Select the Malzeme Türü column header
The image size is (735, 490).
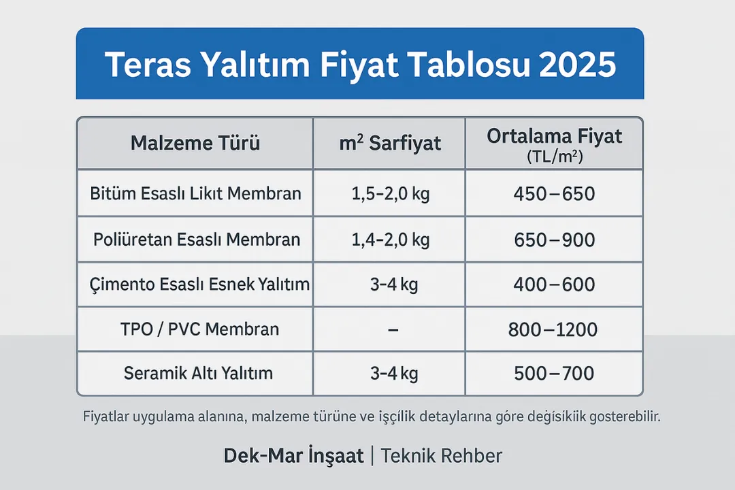[x=195, y=144]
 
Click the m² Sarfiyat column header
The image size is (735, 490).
[x=390, y=144]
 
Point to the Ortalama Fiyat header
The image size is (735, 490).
[x=554, y=137]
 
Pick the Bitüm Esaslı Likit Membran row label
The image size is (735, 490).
[x=195, y=194]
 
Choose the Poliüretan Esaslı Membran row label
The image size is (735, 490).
[x=196, y=240]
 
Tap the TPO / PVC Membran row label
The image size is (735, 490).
[x=195, y=329]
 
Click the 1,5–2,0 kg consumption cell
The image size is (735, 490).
[x=390, y=194]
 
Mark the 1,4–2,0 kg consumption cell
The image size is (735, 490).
[x=390, y=240]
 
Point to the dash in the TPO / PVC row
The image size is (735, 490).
[x=391, y=330]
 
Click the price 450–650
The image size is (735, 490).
[x=554, y=195]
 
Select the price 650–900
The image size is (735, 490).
[x=554, y=240]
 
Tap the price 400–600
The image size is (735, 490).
[x=554, y=284]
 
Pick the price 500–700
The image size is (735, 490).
[x=554, y=373]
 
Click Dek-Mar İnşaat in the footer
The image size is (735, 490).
[x=294, y=456]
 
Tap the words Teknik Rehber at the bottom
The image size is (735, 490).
[x=442, y=456]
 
